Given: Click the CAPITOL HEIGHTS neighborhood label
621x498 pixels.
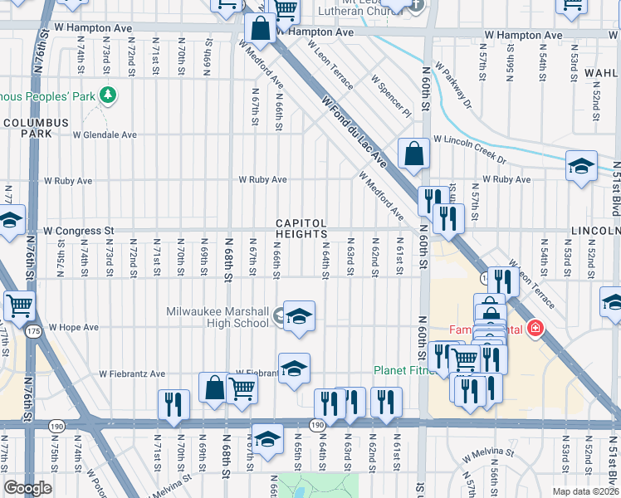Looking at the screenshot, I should pos(301,229).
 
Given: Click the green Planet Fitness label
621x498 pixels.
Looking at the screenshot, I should pos(405,370).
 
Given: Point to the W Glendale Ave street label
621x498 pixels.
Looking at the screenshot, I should pos(105,134).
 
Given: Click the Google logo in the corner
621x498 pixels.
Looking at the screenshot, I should pos(27,487).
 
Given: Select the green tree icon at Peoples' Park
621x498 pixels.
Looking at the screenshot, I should pos(106,96).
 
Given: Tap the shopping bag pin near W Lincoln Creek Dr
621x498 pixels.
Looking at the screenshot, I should pos(413,154).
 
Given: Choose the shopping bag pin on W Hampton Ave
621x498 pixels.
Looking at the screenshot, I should pos(260,29).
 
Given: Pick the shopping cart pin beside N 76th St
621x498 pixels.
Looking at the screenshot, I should pos(19,305).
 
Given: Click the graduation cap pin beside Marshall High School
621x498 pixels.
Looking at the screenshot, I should pos(300,316).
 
